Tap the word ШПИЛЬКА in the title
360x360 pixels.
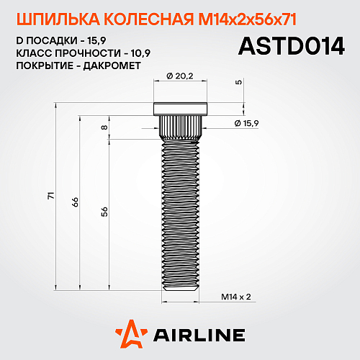click(48, 17)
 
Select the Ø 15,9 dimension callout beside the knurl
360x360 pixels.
click(247, 124)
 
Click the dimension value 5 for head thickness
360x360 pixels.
click(239, 82)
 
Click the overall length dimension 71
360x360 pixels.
click(50, 197)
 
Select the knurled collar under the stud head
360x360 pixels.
click(179, 127)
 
